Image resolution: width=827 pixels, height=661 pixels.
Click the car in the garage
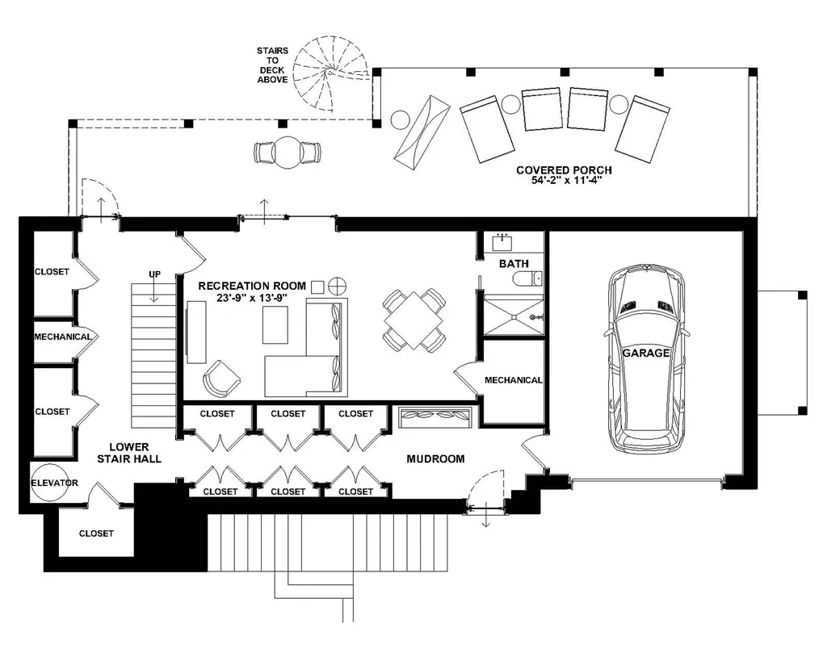646,358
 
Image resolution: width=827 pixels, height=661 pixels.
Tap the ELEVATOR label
54,483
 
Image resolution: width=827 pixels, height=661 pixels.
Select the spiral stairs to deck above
330,73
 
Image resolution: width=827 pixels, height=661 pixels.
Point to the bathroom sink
502,242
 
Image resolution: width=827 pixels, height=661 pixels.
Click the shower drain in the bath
514,317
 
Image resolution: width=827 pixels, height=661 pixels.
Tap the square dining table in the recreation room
413,320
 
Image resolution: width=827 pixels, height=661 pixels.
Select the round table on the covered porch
288,153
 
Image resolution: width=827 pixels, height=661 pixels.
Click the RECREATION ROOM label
252,286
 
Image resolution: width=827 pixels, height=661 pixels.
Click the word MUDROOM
435,459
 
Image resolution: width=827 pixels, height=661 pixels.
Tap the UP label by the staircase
154,274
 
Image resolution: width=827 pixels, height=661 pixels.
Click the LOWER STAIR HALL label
129,453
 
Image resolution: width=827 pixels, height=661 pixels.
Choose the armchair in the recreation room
221,379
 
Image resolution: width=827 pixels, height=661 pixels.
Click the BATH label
514,264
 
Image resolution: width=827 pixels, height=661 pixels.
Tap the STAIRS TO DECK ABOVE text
272,65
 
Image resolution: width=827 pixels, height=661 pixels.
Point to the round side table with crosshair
337,287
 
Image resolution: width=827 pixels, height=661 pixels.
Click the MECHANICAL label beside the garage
513,380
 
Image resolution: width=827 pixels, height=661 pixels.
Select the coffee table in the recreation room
275,324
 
